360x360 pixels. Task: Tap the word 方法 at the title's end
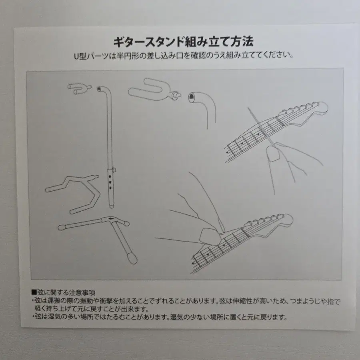pyautogui.click(x=242, y=42)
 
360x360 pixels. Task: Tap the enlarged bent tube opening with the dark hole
pyautogui.click(x=193, y=96)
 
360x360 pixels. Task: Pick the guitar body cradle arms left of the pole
pyautogui.click(x=74, y=192)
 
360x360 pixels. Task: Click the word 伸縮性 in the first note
pyautogui.click(x=246, y=301)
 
